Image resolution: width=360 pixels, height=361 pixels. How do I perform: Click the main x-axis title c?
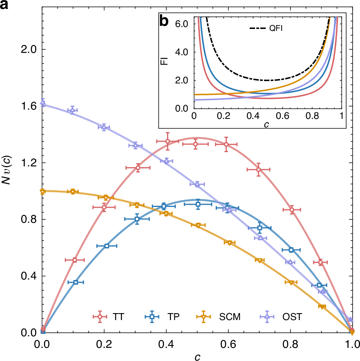pos(197,356)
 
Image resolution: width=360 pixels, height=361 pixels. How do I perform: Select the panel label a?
pos(5,6)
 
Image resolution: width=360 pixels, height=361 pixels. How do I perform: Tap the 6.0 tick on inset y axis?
pos(181,24)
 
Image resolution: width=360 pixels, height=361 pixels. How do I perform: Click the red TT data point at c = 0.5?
pos(196,144)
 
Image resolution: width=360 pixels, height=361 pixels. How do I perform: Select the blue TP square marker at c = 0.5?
pos(198,204)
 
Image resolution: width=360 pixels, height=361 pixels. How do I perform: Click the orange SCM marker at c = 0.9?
pos(322,307)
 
